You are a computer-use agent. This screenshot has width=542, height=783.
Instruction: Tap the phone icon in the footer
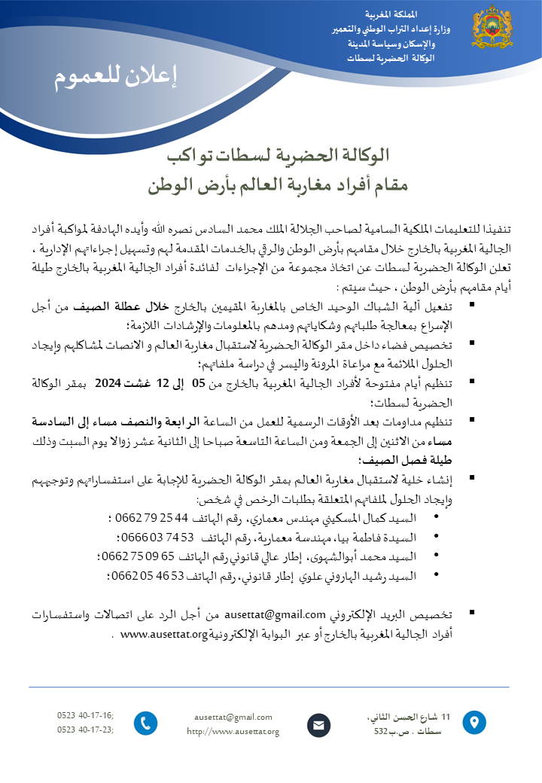tap(145, 724)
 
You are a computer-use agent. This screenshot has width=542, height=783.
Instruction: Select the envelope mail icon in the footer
tap(318, 726)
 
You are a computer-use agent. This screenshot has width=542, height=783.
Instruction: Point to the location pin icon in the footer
tap(473, 723)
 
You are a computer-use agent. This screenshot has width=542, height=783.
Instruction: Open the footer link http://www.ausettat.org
tap(233, 731)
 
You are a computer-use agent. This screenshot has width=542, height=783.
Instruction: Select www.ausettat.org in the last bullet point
tap(163, 634)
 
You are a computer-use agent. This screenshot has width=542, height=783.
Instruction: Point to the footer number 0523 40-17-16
tap(84, 715)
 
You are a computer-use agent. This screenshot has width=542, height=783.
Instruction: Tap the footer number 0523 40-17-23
tap(84, 729)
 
